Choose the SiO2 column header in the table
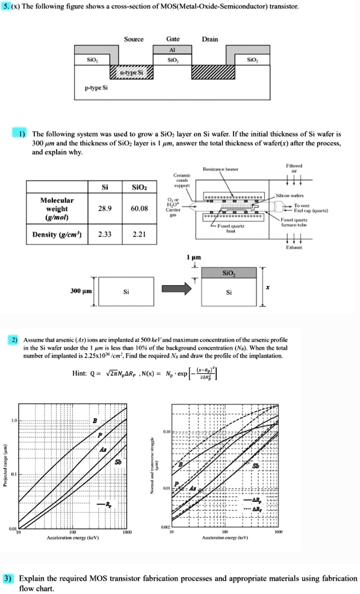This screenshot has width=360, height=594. click(143, 188)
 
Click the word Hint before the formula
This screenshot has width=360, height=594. click(81, 373)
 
